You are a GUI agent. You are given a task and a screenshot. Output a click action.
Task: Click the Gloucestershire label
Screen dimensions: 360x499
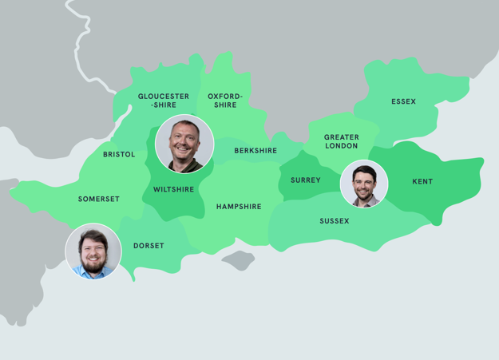pos(164,101)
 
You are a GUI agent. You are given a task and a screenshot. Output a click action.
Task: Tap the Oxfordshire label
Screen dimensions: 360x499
pos(225,101)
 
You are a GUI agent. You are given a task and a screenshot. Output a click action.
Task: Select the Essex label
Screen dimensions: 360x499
pos(403,101)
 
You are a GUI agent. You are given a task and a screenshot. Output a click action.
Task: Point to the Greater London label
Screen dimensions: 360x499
pos(341,141)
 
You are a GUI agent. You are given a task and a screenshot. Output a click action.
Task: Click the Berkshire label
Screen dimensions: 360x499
pos(255,151)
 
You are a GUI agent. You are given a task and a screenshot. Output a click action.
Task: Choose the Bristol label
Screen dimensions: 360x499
pos(119,154)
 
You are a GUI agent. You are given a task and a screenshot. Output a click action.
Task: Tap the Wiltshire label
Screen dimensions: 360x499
pos(173,190)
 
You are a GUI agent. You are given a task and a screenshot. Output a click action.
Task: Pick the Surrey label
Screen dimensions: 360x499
pos(306,180)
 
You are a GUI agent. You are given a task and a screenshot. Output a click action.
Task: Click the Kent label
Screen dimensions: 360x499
pos(422,182)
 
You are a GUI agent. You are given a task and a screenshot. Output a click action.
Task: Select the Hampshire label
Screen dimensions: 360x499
pos(239,207)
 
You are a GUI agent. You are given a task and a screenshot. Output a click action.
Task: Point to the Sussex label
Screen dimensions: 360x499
pos(335,221)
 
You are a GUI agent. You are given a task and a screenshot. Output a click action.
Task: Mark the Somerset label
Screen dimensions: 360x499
pos(99,199)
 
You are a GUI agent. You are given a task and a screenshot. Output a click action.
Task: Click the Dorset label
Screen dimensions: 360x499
pos(149,246)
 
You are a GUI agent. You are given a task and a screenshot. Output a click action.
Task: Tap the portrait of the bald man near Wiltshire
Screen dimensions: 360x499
pos(184,144)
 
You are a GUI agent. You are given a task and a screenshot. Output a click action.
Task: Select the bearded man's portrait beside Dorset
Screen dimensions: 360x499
pos(93,251)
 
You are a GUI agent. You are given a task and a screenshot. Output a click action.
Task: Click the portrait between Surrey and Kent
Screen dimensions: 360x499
pos(363,184)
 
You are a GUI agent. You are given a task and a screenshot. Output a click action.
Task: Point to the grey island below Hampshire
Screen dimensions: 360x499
pos(238,260)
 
